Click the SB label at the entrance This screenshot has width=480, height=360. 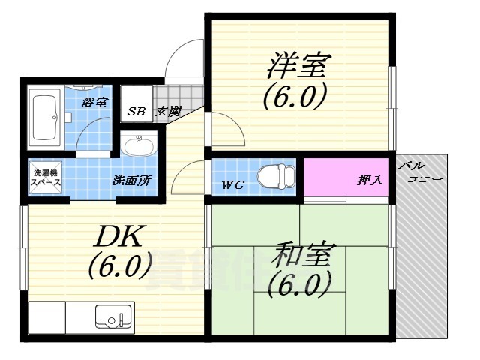[x=136, y=112]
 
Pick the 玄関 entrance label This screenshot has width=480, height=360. [x=168, y=112]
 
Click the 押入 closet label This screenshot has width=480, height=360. [x=368, y=180]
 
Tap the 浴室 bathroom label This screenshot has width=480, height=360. [x=93, y=102]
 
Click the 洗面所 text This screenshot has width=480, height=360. [x=132, y=180]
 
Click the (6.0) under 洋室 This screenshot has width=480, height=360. [x=295, y=96]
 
